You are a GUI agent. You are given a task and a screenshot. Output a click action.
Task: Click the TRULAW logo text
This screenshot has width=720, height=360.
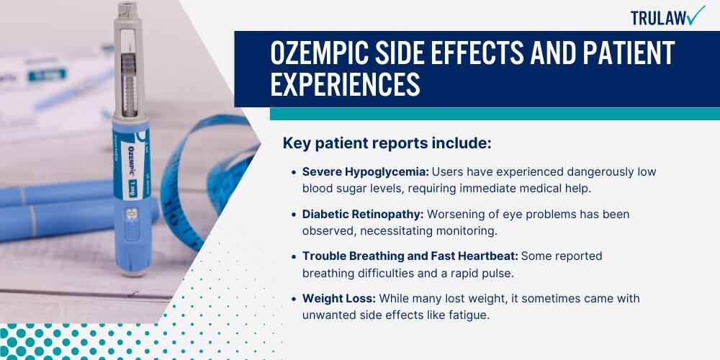[x=658, y=17]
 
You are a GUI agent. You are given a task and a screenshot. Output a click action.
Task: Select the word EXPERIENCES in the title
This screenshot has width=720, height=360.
[x=346, y=84]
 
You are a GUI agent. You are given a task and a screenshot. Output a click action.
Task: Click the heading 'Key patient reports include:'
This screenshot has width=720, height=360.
[x=387, y=143]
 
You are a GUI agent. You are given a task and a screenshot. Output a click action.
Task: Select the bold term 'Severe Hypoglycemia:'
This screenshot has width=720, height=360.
[x=366, y=172]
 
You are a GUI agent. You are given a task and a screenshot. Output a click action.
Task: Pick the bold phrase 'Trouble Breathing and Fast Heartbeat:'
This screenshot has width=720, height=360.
[x=410, y=256]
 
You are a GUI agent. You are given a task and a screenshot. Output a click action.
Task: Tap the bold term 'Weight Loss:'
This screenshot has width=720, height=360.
[x=339, y=299]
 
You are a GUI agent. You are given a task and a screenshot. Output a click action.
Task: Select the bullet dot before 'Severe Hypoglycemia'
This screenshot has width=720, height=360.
[x=294, y=173]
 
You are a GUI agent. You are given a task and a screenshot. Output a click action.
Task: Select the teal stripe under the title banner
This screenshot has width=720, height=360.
[x=495, y=114]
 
